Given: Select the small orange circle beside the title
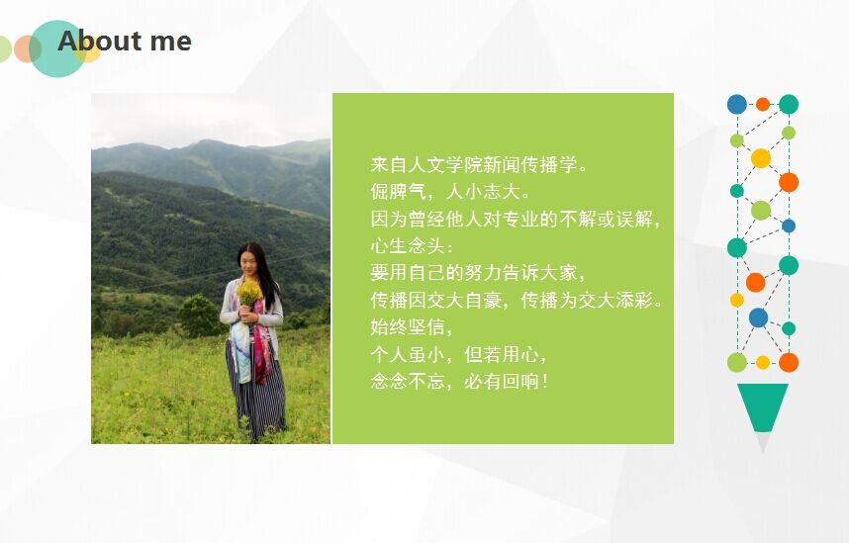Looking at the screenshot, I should [x=26, y=48].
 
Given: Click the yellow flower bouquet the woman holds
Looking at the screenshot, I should [x=248, y=293].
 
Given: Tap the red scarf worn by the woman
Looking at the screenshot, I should [x=261, y=341].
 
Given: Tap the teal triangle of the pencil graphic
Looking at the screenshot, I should [x=763, y=406].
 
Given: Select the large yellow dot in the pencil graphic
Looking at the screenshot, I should [x=761, y=158].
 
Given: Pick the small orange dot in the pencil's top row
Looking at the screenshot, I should [x=763, y=104].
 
